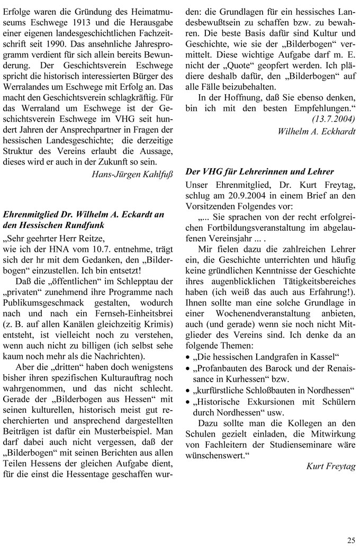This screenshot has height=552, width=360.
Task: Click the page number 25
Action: coord(352,540)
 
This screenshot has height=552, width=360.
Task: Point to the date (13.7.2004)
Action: coord(334,119)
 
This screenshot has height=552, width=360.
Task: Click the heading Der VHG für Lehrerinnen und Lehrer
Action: coord(260,171)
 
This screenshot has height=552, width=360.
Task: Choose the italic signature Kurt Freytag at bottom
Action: coord(331,466)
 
